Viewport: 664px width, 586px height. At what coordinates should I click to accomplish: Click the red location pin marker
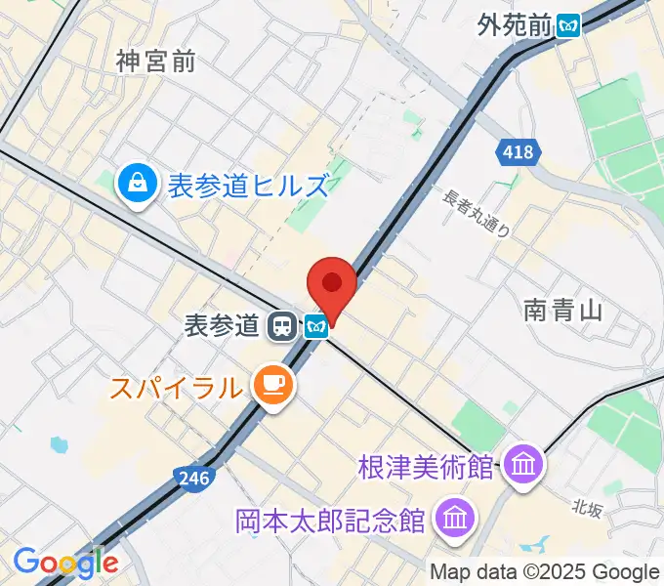click(x=331, y=284)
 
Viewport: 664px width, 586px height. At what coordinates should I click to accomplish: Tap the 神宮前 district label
click(x=155, y=62)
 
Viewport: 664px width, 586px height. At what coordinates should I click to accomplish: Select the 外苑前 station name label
click(x=515, y=25)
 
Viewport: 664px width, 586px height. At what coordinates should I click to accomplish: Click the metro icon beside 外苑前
click(x=567, y=26)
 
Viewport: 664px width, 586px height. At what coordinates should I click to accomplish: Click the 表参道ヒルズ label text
click(x=248, y=185)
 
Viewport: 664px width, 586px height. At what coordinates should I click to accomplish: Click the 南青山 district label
click(x=561, y=311)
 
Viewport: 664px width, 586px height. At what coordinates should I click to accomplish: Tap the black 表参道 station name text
click(x=222, y=325)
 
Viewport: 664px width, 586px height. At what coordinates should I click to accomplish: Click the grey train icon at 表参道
click(x=282, y=325)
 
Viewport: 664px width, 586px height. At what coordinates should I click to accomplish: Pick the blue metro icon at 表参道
click(x=314, y=325)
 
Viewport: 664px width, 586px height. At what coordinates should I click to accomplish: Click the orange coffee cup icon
click(x=270, y=387)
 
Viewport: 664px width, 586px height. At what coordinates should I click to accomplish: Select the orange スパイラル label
click(x=175, y=388)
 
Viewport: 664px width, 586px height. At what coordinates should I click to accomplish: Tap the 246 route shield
click(x=193, y=478)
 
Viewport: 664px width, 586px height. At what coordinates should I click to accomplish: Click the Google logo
click(x=65, y=562)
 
